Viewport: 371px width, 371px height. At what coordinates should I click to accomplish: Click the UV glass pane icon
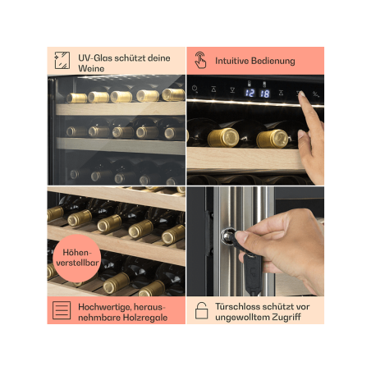[x=62, y=60]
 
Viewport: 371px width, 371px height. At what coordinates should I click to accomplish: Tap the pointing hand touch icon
[x=200, y=60]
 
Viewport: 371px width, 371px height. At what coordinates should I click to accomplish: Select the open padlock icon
[x=201, y=310]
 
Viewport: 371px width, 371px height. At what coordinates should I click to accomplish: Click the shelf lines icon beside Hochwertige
[x=62, y=310]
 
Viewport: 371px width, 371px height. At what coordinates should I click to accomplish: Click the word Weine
[x=91, y=68]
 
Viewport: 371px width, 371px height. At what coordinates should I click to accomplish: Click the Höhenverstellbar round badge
[x=77, y=258]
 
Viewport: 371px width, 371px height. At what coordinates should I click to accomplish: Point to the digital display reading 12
[x=250, y=93]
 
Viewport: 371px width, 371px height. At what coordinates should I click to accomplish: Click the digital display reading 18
[x=264, y=94]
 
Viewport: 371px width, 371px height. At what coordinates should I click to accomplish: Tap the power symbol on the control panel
[x=195, y=89]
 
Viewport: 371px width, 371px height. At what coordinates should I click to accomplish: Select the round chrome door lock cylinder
[x=227, y=236]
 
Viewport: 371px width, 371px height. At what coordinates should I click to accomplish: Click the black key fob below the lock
[x=252, y=273]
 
